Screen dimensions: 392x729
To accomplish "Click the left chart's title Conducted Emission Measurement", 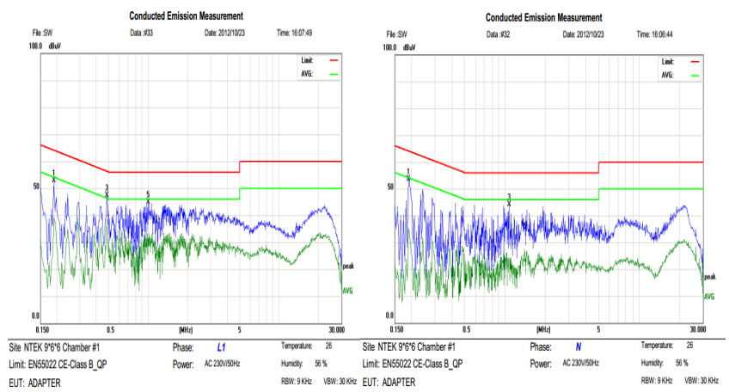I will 186,15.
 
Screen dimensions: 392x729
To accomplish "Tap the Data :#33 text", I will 141,33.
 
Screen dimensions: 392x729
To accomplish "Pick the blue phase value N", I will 578,347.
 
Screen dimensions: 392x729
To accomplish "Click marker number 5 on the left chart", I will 148,195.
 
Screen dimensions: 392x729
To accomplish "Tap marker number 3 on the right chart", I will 509,197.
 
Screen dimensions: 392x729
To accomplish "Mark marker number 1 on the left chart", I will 53,173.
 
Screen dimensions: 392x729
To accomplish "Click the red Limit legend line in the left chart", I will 334,61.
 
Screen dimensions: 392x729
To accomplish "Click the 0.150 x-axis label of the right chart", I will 397,329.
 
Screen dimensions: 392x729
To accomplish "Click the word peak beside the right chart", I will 709,278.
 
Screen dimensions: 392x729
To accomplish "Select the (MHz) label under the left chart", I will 185,329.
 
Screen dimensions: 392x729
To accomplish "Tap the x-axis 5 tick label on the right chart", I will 598,329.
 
